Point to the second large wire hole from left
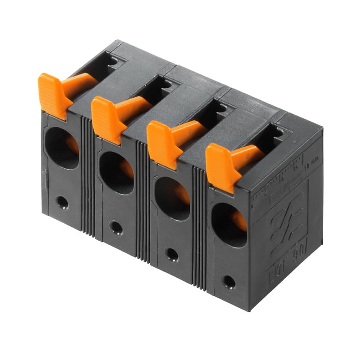tap(116, 173)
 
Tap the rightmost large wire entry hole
tap(229, 225)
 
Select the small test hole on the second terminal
tap(116, 228)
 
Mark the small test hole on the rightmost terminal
tap(229, 282)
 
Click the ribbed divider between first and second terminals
tap(88, 175)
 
